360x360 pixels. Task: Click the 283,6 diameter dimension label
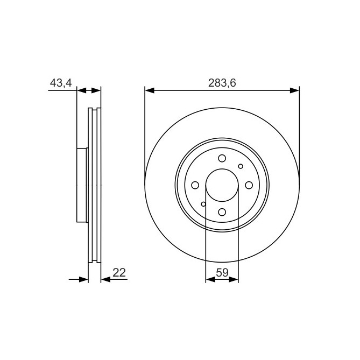(x=222, y=83)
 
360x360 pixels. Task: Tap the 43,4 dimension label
(x=61, y=83)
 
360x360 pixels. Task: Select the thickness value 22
(x=119, y=273)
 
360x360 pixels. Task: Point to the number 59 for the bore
(x=222, y=273)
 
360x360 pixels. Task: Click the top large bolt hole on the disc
(x=222, y=158)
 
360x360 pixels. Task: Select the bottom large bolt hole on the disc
(x=222, y=212)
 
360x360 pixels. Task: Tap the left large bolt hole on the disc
(x=195, y=185)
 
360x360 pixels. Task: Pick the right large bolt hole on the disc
(x=249, y=185)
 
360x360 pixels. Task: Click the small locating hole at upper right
(x=241, y=166)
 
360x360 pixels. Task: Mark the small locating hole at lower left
(x=203, y=204)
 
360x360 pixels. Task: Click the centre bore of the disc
(x=222, y=185)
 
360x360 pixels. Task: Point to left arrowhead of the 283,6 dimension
(x=149, y=90)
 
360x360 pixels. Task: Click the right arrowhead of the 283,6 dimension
(x=294, y=90)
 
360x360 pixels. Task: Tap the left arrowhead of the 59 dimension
(x=210, y=279)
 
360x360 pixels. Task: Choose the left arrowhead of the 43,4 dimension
(x=81, y=90)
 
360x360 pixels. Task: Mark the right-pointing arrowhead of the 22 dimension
(x=83, y=279)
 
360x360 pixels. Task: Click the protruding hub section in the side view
(x=82, y=185)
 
